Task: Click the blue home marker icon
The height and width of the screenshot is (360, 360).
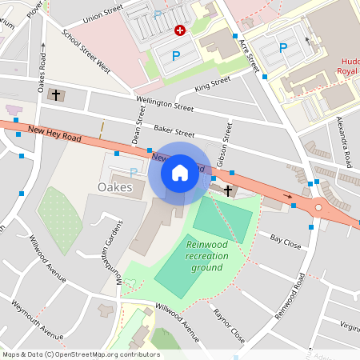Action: pyautogui.click(x=179, y=172)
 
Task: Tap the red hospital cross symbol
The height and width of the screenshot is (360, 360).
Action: pyautogui.click(x=180, y=30)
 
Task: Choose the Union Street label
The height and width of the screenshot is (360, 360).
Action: pyautogui.click(x=103, y=14)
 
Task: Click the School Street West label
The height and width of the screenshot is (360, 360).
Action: pyautogui.click(x=86, y=53)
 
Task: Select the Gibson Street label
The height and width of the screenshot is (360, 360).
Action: pyautogui.click(x=230, y=139)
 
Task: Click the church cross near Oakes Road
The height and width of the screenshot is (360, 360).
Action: pyautogui.click(x=55, y=95)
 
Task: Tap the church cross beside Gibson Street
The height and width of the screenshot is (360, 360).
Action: pyautogui.click(x=228, y=190)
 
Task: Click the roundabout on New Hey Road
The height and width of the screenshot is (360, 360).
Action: pyautogui.click(x=318, y=207)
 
